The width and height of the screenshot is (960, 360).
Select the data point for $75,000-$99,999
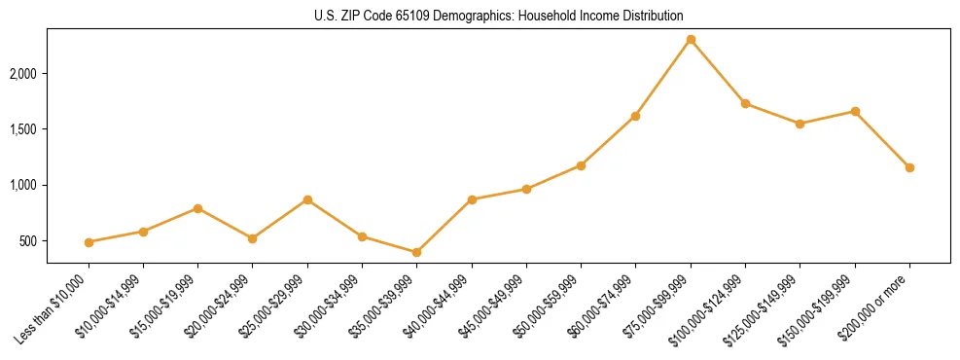coord(691,40)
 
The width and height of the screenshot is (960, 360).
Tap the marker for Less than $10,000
coord(89,242)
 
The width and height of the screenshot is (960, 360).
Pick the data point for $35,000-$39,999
coord(417,252)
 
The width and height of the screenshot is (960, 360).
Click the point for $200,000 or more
coord(909,167)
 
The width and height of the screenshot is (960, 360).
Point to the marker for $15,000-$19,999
coord(198,208)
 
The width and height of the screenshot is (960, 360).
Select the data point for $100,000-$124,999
coord(745,103)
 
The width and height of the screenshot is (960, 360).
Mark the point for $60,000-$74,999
coord(636,116)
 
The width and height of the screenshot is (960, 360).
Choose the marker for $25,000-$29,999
coord(307,199)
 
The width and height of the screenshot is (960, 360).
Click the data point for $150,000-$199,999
coord(855,111)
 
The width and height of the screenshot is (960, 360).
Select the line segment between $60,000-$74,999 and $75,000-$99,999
coord(663,78)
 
